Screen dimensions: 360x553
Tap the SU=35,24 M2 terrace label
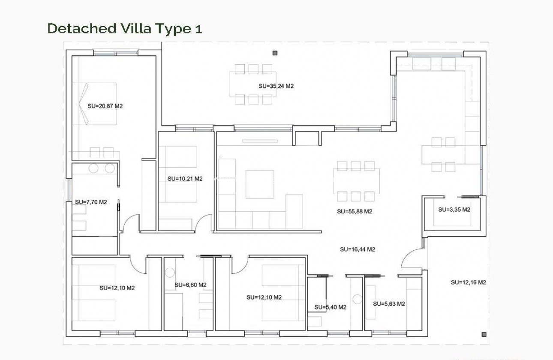(x=276, y=86)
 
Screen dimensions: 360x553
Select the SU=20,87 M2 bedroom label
(x=105, y=106)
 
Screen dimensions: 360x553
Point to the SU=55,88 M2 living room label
(x=354, y=211)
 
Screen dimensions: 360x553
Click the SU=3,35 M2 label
(x=454, y=210)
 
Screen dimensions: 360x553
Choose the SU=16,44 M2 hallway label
(x=358, y=249)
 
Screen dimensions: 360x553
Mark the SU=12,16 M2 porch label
(x=468, y=282)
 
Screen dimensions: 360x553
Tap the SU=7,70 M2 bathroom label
(x=90, y=201)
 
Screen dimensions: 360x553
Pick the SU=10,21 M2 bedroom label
(x=185, y=179)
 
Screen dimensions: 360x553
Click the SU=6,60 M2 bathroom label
(x=190, y=285)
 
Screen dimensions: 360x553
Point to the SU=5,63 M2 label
(x=389, y=303)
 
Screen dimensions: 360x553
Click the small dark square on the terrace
(x=275, y=53)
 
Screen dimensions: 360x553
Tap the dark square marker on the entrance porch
(x=484, y=334)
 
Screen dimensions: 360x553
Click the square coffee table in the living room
(x=259, y=184)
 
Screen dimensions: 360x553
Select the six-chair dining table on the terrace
(x=253, y=84)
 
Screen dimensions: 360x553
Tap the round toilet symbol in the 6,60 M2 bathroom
(x=170, y=272)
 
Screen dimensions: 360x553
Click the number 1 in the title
(x=198, y=28)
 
